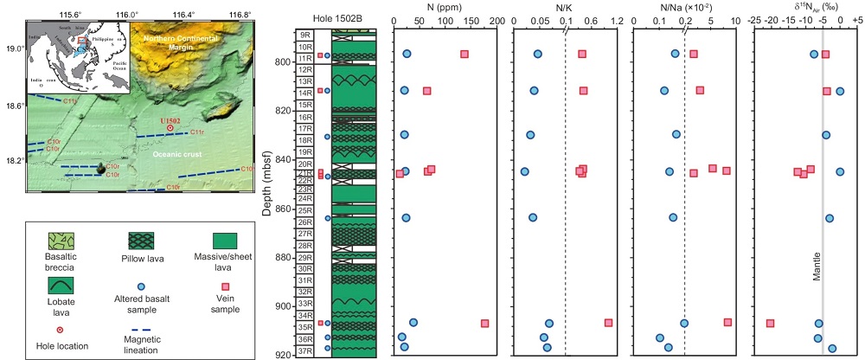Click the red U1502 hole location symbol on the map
170,128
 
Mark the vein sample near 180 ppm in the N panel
484,324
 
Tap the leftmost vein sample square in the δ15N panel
770,324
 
